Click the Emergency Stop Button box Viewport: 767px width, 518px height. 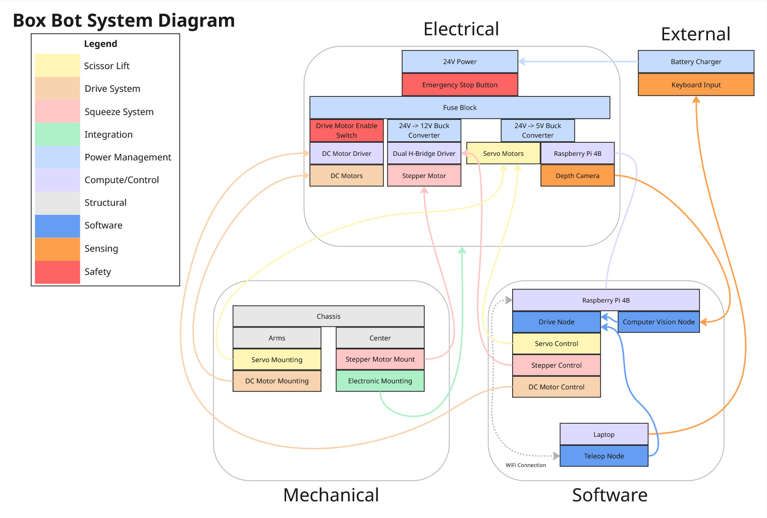click(x=460, y=85)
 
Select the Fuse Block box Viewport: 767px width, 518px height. click(x=460, y=107)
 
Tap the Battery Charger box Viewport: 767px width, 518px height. click(x=696, y=62)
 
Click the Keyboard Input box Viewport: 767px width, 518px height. click(x=696, y=85)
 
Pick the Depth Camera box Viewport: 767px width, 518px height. click(x=577, y=176)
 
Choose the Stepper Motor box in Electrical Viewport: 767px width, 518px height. click(x=424, y=176)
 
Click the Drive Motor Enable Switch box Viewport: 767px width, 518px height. click(x=347, y=130)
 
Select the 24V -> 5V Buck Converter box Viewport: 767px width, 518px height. click(x=537, y=130)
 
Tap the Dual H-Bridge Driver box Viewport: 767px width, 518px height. click(x=424, y=153)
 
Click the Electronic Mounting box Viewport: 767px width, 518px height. click(x=380, y=381)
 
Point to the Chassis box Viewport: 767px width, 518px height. click(x=328, y=316)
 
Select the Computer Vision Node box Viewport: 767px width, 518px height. click(x=659, y=322)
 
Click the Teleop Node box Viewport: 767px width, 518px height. click(x=604, y=456)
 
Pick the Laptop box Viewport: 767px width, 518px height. click(x=604, y=434)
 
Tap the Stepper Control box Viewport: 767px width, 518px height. click(x=556, y=365)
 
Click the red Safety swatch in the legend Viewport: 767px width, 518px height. click(x=58, y=272)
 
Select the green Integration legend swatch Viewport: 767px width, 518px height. click(x=58, y=135)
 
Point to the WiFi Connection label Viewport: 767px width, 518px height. click(x=526, y=465)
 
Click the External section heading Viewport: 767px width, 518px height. click(x=695, y=34)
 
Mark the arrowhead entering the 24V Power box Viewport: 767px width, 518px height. click(x=522, y=62)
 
